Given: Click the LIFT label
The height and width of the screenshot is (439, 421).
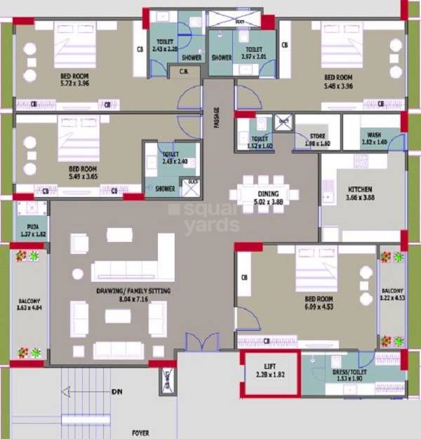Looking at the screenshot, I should tap(269, 366).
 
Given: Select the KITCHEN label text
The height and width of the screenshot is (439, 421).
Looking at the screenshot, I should tap(360, 190).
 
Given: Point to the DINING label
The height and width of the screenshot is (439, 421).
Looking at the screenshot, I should tap(268, 194).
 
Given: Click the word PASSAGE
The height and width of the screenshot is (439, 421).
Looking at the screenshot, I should tap(217, 116).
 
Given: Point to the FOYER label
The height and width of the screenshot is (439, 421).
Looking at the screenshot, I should tap(142, 433).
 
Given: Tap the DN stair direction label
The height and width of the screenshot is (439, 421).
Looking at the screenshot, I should tap(116, 392).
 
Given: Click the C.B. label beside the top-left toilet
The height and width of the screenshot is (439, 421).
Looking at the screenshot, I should tap(185, 72).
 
